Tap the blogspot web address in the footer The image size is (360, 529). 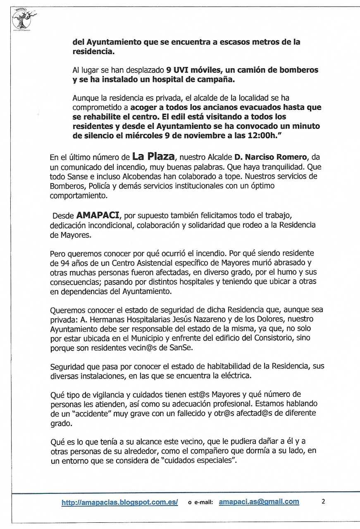119,503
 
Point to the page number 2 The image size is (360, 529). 323,502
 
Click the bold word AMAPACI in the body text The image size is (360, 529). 96,215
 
